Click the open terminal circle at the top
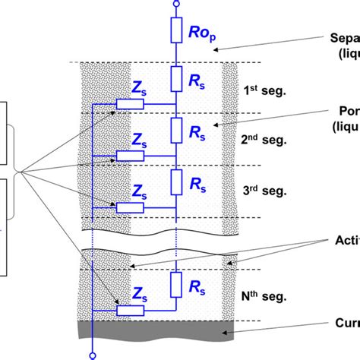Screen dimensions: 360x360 point(176,4)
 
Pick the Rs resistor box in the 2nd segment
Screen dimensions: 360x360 point(176,131)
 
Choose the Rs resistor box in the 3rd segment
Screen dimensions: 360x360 point(176,182)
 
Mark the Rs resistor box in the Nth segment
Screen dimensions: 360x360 point(176,285)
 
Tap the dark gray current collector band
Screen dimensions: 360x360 point(152,330)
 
